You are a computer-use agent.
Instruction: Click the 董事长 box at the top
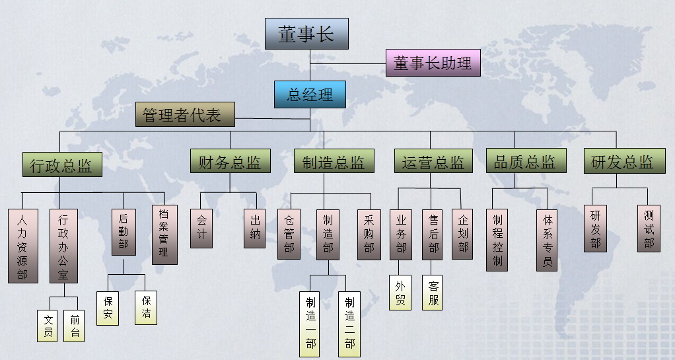point(306,34)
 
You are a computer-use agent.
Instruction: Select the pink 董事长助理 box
point(433,63)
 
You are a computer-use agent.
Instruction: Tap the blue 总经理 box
point(310,94)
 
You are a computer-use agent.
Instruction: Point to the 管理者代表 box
point(185,114)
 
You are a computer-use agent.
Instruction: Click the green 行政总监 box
point(63,164)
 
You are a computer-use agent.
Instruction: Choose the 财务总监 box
point(231,161)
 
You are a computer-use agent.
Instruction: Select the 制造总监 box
point(334,161)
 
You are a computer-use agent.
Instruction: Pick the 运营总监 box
point(433,161)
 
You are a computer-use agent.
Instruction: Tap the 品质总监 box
point(526,161)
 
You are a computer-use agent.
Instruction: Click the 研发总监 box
point(625,161)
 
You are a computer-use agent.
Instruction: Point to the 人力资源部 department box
point(23,246)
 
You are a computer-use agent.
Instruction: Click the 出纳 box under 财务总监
point(254,229)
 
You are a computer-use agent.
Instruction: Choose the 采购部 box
point(369,234)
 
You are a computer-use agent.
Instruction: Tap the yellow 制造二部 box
point(349,324)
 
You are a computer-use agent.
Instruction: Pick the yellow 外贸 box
point(400,293)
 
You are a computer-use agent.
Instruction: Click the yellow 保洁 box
point(145,308)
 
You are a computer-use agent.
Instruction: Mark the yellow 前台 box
point(74,326)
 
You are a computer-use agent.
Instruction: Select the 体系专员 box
point(547,240)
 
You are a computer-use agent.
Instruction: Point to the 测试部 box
point(649,229)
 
